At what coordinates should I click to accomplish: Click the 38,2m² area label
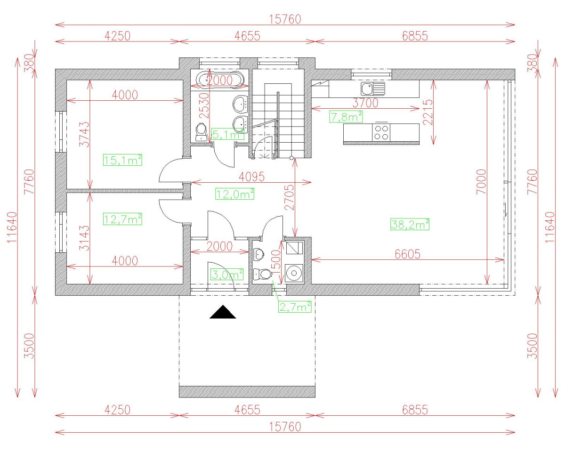tap(410, 225)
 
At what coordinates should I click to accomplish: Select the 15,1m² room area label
tap(122, 160)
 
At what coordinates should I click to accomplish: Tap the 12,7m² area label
tap(122, 218)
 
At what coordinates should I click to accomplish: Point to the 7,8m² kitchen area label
tap(346, 117)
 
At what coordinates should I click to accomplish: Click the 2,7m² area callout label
tap(295, 307)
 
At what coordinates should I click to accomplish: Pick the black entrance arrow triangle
tap(222, 312)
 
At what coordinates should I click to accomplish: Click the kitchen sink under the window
tap(372, 88)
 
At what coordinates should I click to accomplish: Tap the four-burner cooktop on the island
tap(381, 132)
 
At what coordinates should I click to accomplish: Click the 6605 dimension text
tap(408, 254)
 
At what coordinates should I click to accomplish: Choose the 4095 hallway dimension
tap(252, 177)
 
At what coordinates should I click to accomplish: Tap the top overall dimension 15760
tap(285, 19)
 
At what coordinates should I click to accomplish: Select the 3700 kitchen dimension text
tap(365, 103)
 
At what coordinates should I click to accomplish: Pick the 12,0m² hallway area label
tap(234, 194)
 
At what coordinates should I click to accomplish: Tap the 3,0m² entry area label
tap(227, 274)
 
